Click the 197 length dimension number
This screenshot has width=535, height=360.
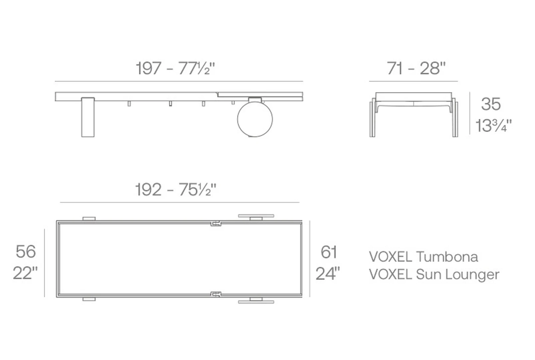pyautogui.click(x=148, y=68)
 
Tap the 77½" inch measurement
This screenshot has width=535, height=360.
pyautogui.click(x=197, y=68)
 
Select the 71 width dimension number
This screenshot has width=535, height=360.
pyautogui.click(x=395, y=68)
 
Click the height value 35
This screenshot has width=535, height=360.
pyautogui.click(x=491, y=104)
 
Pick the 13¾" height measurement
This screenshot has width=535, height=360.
pyautogui.click(x=494, y=125)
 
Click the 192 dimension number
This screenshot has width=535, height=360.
pyautogui.click(x=148, y=190)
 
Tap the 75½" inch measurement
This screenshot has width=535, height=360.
pyautogui.click(x=198, y=190)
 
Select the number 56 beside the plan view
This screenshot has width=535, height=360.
pyautogui.click(x=26, y=251)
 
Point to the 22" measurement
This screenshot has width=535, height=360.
pyautogui.click(x=25, y=273)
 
